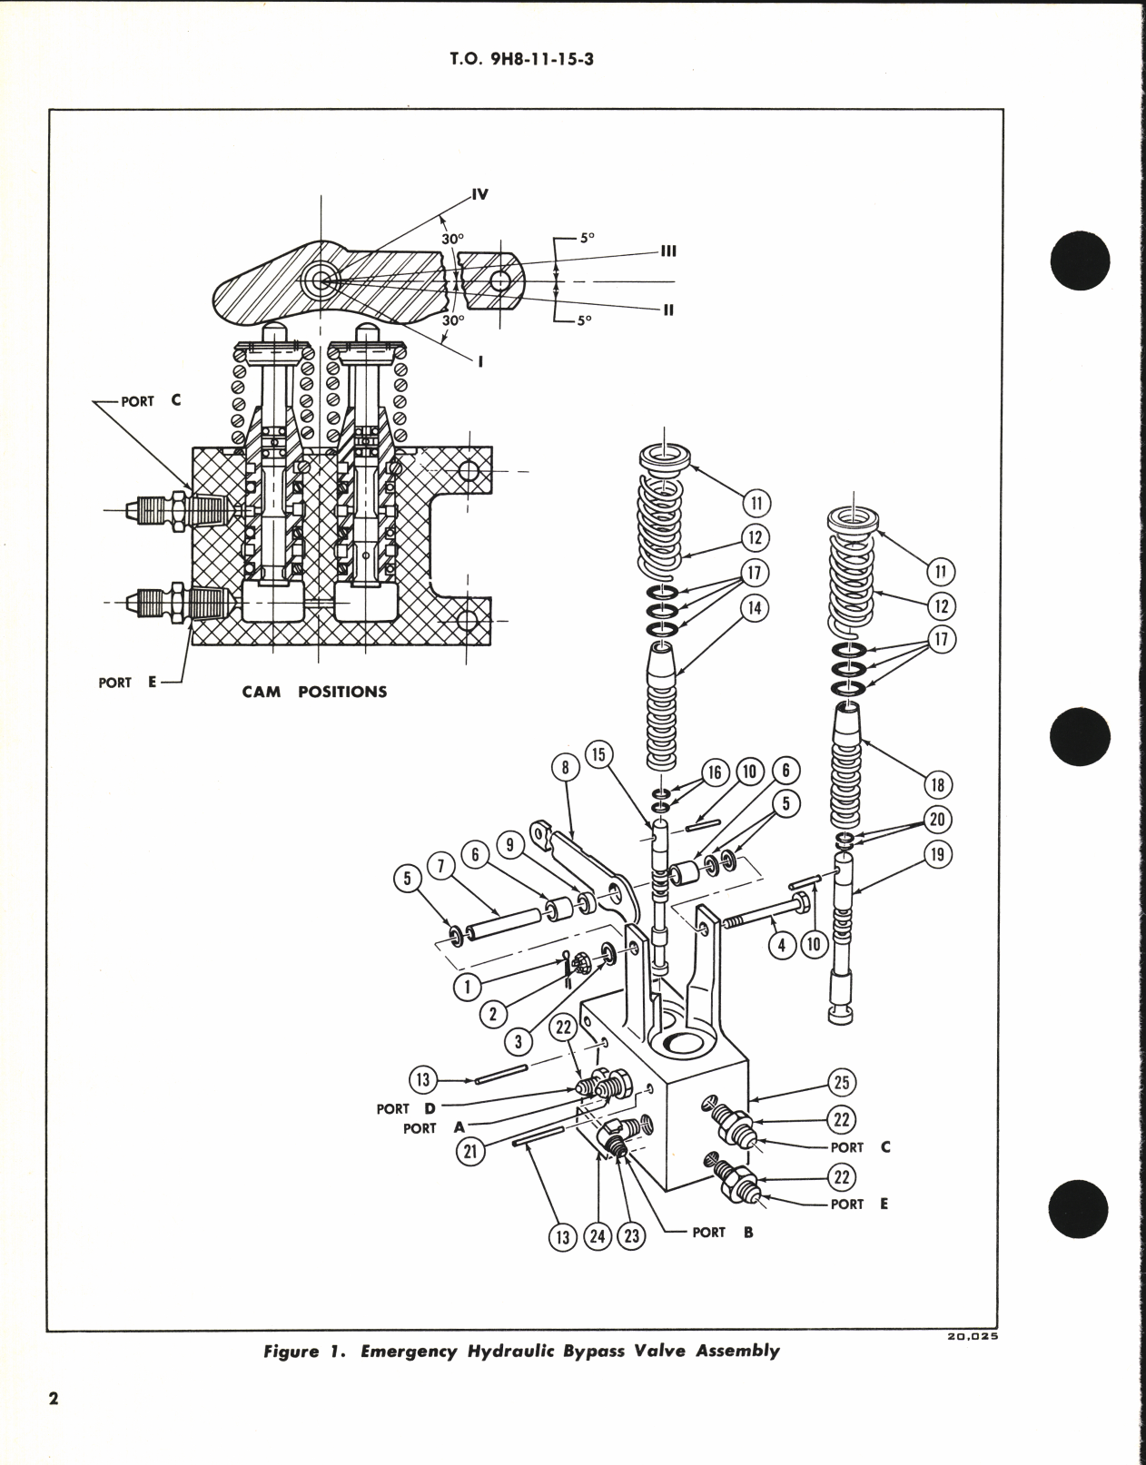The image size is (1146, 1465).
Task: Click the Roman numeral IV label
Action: click(x=479, y=194)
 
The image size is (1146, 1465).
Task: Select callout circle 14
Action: click(x=754, y=609)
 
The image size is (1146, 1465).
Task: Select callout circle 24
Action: click(x=598, y=1236)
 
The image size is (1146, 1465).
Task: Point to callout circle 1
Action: click(x=468, y=987)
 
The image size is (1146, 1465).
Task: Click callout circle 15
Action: click(x=600, y=754)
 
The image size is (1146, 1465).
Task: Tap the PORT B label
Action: click(x=720, y=1233)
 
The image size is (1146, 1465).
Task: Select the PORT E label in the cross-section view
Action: click(x=128, y=683)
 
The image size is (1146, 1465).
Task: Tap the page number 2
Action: click(x=54, y=1424)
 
